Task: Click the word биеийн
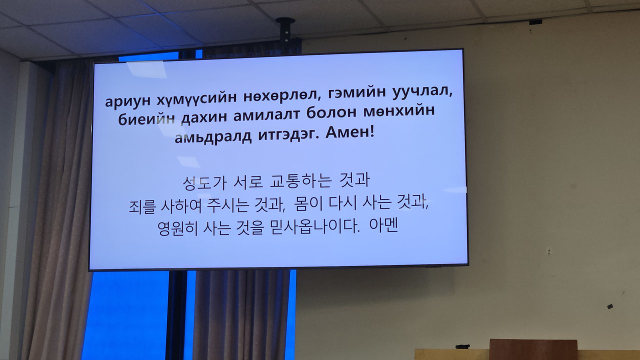click(146, 119)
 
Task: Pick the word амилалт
click(266, 115)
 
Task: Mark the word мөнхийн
click(399, 111)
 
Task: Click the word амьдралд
click(213, 137)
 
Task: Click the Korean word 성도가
click(204, 183)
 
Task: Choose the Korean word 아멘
click(383, 225)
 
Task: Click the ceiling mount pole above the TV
click(285, 35)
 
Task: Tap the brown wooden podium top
click(533, 349)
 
